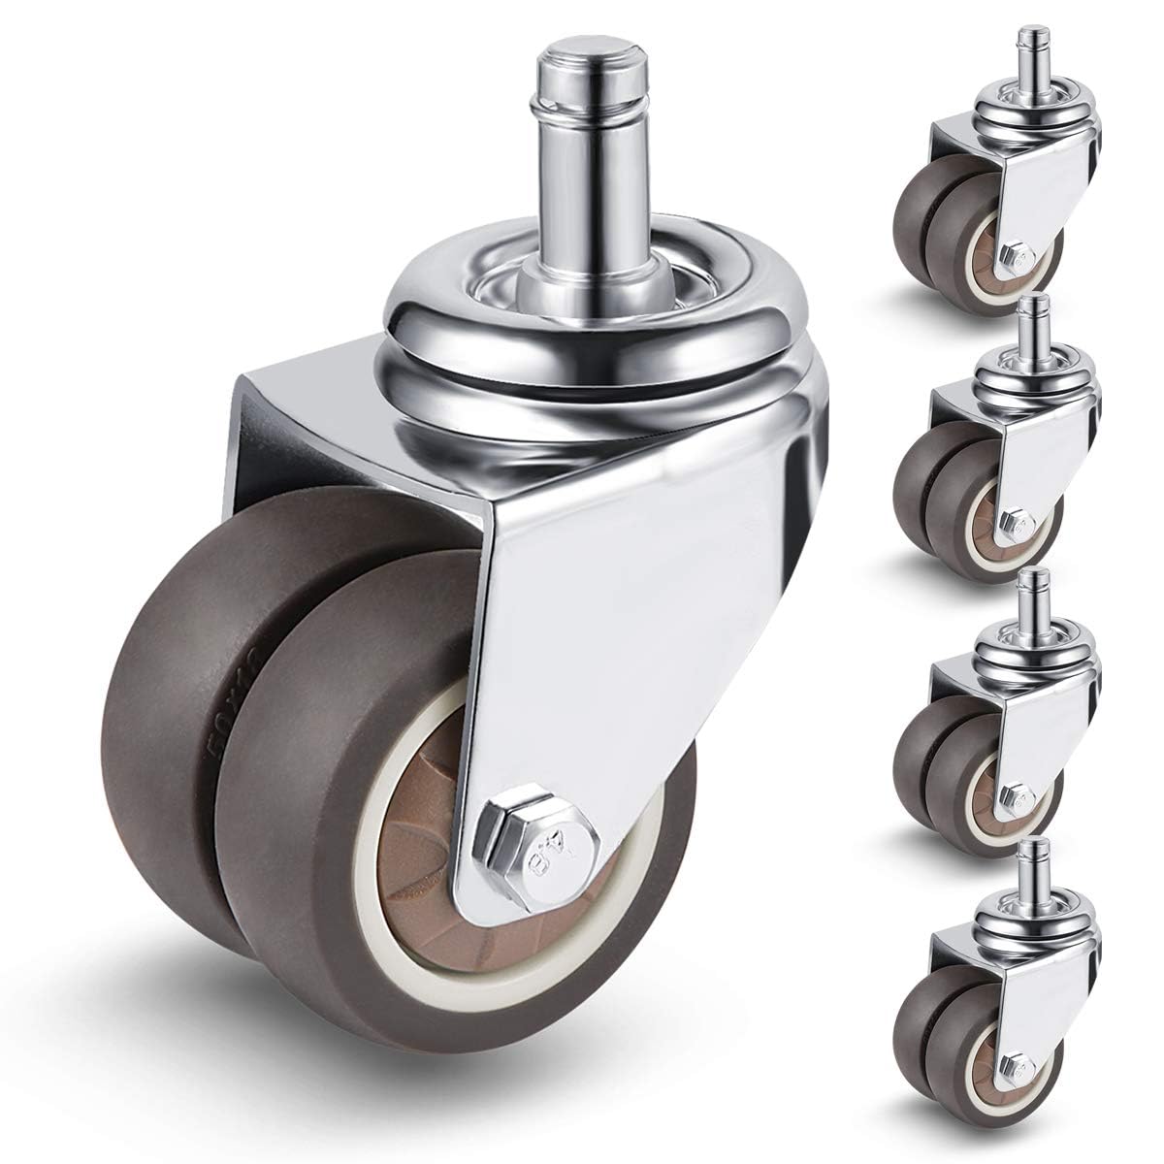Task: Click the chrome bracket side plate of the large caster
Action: [621, 621]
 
